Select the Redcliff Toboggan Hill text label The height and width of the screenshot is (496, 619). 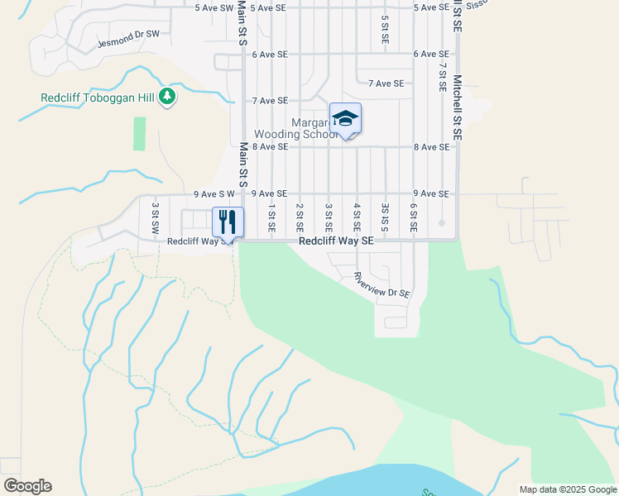98,98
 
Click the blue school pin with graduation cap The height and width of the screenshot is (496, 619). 345,119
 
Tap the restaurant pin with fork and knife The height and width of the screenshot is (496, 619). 228,222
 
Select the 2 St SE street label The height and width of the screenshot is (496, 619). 300,217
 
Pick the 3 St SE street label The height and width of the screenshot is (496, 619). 329,217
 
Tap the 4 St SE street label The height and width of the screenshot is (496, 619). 357,217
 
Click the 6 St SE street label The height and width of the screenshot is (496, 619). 413,217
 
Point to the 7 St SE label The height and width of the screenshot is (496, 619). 443,77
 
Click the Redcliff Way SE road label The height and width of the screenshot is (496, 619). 336,241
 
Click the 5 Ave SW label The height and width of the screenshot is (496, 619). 214,7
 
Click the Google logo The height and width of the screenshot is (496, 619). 27,486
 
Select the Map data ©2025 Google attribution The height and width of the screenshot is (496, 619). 567,489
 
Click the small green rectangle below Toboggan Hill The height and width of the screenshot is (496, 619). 139,133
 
